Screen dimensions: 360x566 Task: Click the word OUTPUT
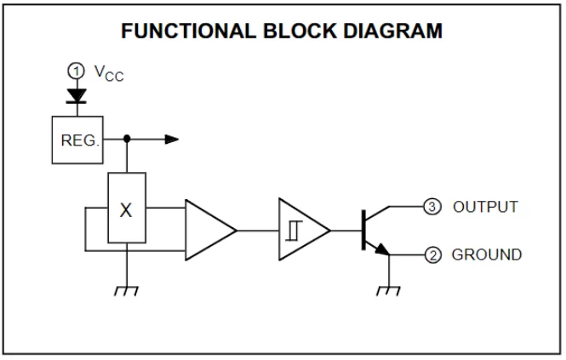(x=485, y=207)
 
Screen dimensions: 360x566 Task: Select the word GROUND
(x=487, y=254)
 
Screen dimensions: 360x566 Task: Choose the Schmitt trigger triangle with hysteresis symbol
(x=300, y=230)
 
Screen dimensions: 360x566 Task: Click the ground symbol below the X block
(x=126, y=291)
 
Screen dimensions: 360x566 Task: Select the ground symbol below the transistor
(x=388, y=291)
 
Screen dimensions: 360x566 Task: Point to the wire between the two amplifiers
(x=257, y=230)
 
